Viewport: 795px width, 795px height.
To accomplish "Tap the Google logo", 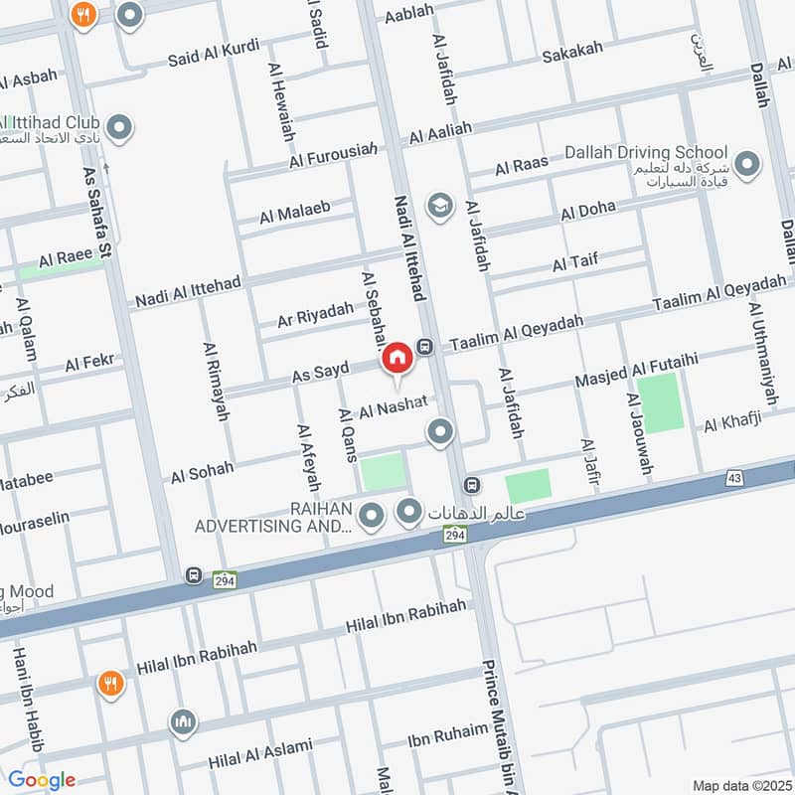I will pos(41,780).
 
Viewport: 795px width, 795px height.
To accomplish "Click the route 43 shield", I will pos(734,479).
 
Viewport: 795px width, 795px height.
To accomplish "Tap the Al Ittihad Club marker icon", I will pos(120,127).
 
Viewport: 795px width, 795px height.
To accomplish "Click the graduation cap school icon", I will pos(438,206).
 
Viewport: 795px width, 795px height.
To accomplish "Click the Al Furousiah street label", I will pos(334,155).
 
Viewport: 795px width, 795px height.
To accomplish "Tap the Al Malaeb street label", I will pos(294,212).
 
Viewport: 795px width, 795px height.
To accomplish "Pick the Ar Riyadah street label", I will pos(315,313).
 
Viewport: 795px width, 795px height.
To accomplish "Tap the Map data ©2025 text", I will pos(741,785).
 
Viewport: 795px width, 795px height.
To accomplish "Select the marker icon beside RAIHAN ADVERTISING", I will pos(372,515).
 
